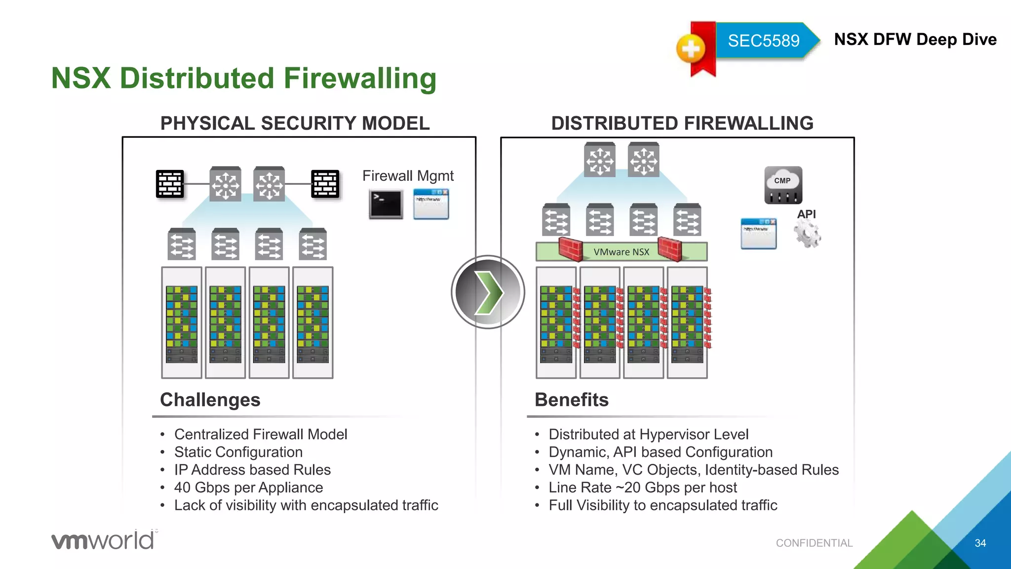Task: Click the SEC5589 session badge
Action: click(x=763, y=41)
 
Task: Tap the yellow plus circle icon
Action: click(x=691, y=49)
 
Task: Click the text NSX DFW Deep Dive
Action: click(x=915, y=40)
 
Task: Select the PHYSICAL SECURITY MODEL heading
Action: click(x=295, y=123)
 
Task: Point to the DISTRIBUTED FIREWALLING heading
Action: click(x=682, y=123)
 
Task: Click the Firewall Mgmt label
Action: click(x=408, y=176)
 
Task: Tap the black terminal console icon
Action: click(x=386, y=204)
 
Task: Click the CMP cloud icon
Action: click(x=783, y=185)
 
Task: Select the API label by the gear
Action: click(x=806, y=214)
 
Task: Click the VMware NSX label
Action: click(x=621, y=252)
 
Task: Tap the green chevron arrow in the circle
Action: click(x=488, y=292)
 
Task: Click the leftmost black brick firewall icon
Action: click(x=170, y=184)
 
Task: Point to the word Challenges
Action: click(x=210, y=400)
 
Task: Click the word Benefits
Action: click(x=571, y=400)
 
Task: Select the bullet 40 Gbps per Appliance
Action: click(x=248, y=488)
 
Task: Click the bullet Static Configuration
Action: click(x=238, y=452)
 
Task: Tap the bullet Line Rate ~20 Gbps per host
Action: click(x=642, y=488)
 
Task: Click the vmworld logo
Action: click(x=104, y=540)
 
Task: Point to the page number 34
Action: click(x=980, y=543)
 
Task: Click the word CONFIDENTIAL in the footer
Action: click(x=814, y=543)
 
